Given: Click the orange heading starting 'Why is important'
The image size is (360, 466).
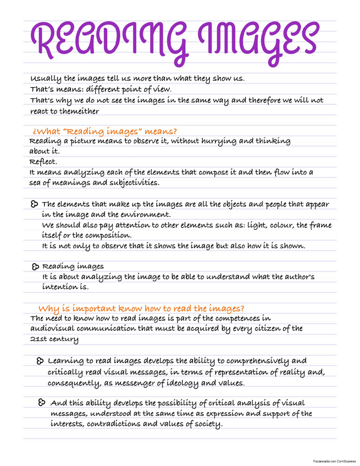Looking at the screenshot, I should [x=141, y=308].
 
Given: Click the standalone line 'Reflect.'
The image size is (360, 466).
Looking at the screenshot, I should [x=43, y=162].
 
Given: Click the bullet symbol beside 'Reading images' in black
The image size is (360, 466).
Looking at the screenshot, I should [x=36, y=267].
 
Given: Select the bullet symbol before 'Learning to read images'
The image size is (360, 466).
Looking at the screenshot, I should [x=40, y=361].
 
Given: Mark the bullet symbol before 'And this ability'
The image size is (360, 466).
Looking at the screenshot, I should [x=42, y=403].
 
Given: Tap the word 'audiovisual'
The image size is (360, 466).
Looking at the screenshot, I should [x=52, y=329].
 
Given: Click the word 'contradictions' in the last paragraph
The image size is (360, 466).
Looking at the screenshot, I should [x=120, y=424].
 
